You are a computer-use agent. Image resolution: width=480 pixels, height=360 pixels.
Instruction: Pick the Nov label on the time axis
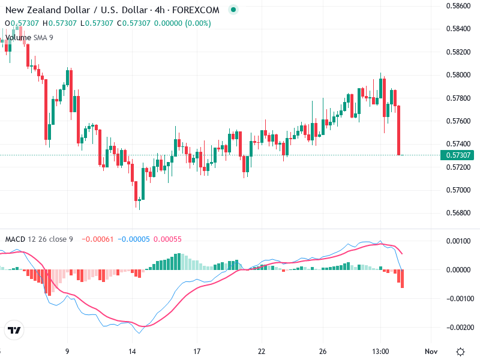[431, 351]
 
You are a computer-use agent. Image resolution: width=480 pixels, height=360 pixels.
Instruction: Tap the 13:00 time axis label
[382, 351]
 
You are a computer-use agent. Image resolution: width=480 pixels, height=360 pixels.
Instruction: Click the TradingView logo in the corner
[14, 331]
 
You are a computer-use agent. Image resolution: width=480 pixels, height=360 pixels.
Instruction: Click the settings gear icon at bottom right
[460, 351]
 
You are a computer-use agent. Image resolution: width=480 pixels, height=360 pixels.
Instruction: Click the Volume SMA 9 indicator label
[29, 37]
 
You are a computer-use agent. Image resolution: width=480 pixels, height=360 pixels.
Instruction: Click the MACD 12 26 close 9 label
[39, 239]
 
